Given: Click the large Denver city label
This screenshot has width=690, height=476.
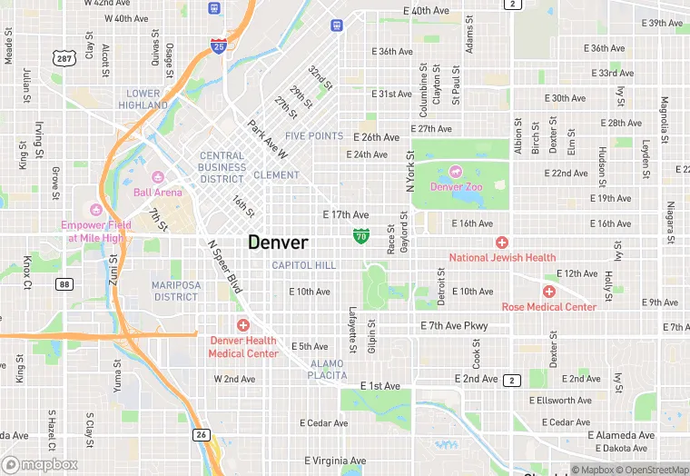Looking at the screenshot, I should click(x=278, y=243).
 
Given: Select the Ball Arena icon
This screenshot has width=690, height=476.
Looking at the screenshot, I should click(x=157, y=176).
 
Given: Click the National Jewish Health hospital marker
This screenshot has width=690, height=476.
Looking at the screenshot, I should click(x=502, y=242).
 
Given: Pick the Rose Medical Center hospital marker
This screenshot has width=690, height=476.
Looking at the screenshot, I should click(x=548, y=292).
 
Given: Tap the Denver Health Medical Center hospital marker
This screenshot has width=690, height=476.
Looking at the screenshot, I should click(x=242, y=325).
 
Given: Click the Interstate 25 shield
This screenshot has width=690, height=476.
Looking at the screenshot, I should click(x=219, y=45).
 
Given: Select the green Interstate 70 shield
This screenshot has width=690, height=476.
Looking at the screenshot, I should click(x=360, y=236).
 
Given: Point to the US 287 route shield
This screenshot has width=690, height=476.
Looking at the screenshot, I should click(x=64, y=58).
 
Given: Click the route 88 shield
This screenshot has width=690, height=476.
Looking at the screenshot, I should click(x=64, y=284).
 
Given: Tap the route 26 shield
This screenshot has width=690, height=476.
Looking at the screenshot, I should click(x=201, y=436).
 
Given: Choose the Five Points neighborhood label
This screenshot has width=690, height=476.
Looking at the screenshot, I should click(x=314, y=136).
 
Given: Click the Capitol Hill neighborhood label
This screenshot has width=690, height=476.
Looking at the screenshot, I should click(x=304, y=265).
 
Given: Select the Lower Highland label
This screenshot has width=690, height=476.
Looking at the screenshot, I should click(x=143, y=99).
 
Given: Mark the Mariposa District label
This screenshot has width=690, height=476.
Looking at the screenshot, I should click(x=175, y=291).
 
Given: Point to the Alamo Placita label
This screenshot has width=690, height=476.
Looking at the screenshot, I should click(x=327, y=369).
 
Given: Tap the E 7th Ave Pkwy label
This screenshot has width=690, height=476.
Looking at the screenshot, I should click(x=454, y=326).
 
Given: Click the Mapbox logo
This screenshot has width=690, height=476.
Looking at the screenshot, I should click(x=40, y=464).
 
